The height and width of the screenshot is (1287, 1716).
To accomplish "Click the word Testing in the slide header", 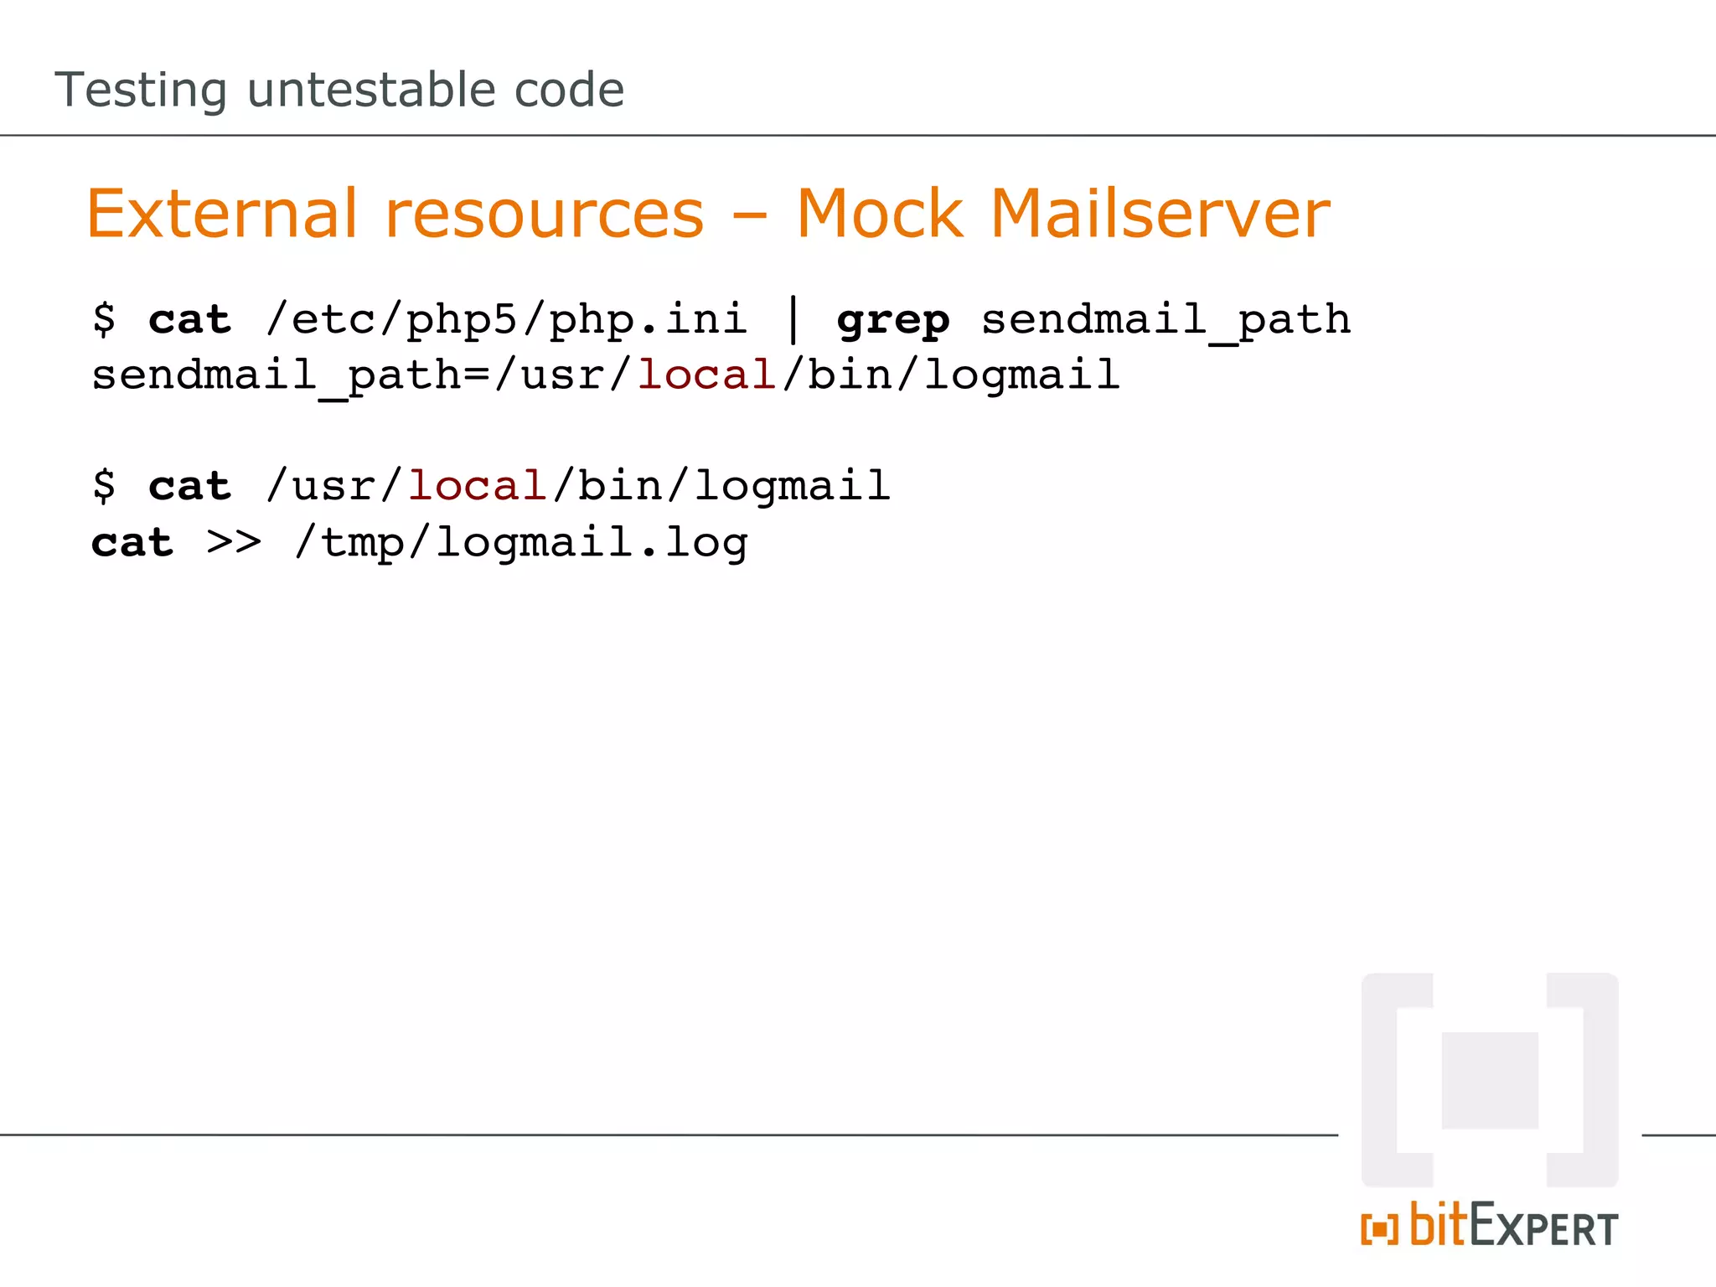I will (141, 90).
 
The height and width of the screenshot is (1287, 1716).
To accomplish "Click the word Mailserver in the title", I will (1160, 214).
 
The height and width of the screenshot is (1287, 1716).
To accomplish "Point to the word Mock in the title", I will (880, 214).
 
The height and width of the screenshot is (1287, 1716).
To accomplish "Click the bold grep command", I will (893, 321).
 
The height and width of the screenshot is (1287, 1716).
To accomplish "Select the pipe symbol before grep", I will (793, 321).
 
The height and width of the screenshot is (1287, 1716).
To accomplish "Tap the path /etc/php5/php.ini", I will (506, 321).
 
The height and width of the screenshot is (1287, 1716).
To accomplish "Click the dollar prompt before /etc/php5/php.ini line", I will (105, 319).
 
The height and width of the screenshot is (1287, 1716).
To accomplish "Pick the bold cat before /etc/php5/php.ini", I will (190, 320).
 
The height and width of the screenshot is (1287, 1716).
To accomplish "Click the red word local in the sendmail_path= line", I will (706, 375).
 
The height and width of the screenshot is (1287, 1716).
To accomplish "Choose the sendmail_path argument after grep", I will (1166, 321).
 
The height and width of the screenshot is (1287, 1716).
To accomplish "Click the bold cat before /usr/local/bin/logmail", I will (190, 487).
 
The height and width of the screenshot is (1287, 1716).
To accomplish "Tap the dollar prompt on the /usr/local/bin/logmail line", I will (105, 486).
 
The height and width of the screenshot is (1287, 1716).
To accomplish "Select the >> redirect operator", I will (234, 542).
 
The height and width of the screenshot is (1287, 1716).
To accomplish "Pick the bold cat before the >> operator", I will (132, 543).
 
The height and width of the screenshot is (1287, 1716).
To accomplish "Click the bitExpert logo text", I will (1512, 1226).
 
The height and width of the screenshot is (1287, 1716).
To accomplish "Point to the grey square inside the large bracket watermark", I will (1490, 1080).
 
